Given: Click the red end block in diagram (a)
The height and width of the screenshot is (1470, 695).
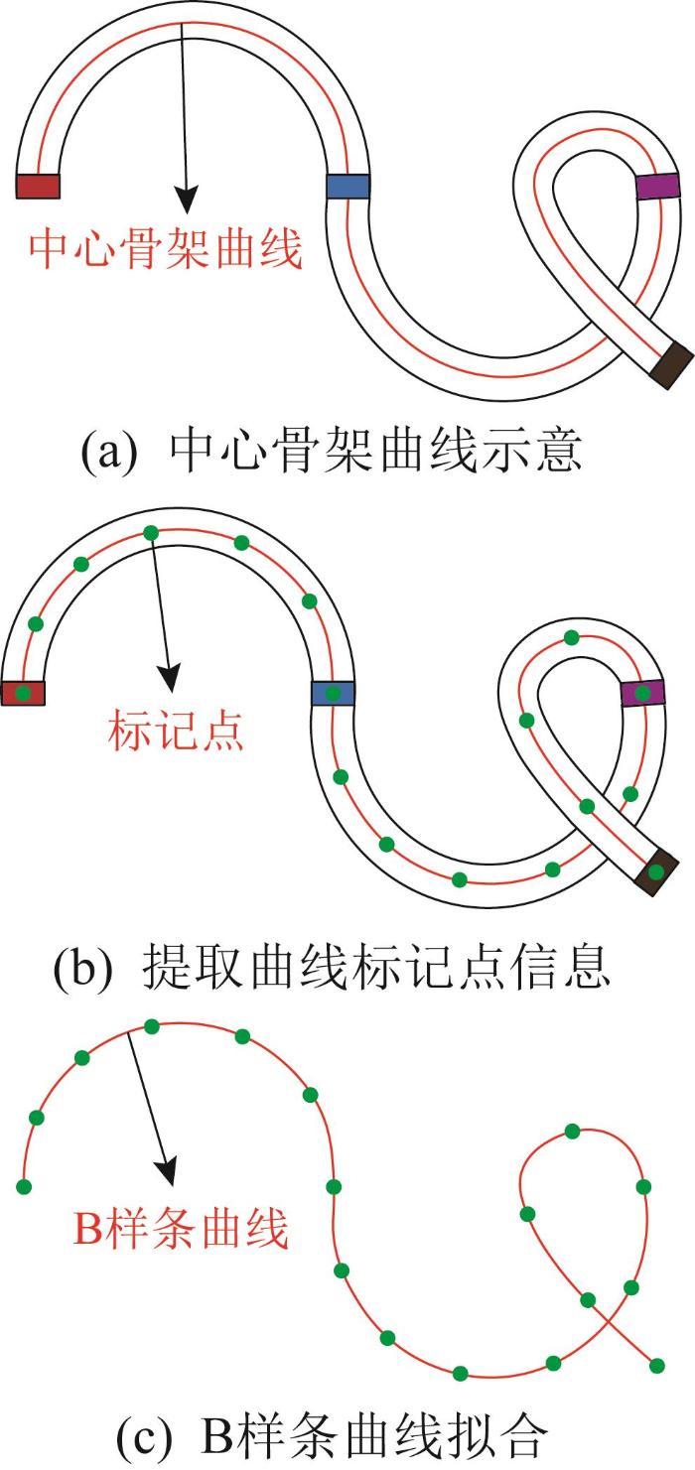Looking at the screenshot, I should click(39, 186).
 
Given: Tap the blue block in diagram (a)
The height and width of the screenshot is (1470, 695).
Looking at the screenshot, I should click(347, 187).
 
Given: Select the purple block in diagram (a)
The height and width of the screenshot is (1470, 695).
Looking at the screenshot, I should click(657, 187).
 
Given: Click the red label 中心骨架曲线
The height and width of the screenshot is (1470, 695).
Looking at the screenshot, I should click(166, 249).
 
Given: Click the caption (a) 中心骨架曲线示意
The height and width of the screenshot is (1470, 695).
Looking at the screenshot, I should click(331, 452).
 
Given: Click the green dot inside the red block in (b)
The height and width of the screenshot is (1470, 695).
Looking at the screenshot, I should click(23, 692).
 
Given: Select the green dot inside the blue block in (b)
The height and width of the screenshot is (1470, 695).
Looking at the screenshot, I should click(334, 692).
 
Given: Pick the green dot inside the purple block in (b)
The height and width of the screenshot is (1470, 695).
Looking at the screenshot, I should click(643, 692).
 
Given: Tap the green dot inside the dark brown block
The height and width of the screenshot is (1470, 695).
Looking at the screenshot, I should click(655, 872).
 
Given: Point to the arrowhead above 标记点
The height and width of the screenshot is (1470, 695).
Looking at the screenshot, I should click(172, 679).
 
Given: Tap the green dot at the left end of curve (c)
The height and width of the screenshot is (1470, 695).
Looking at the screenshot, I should click(24, 1185).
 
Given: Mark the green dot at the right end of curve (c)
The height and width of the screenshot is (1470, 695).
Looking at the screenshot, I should click(656, 1367).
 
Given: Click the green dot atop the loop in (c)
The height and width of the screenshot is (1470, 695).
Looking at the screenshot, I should click(572, 1131).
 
